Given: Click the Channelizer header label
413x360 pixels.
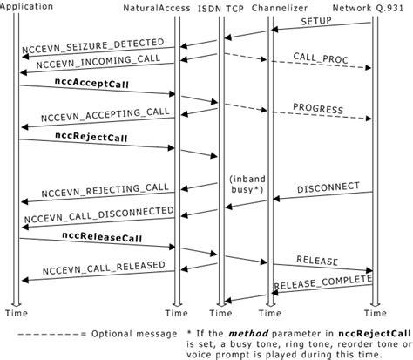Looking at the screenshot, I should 280,6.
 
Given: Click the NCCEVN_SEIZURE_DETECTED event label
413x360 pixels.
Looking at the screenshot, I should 91,40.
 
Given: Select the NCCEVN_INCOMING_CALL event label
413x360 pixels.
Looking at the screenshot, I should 87,65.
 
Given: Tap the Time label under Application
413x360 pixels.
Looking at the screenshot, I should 18,312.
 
